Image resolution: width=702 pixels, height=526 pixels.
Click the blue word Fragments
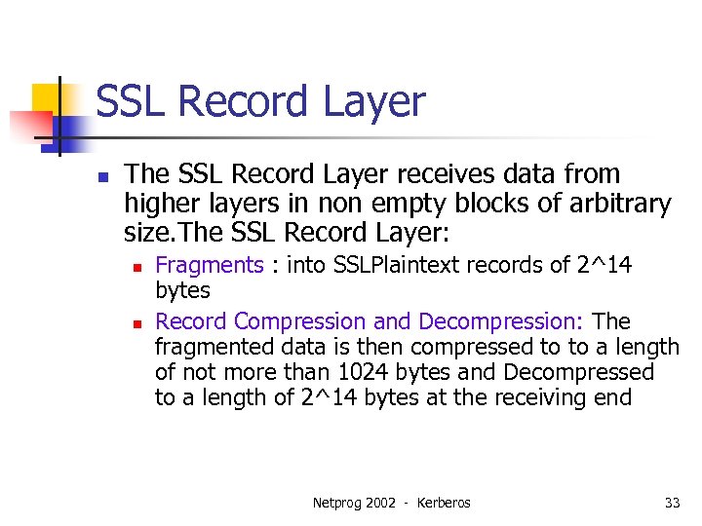[x=210, y=265]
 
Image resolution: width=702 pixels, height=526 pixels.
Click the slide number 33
[x=672, y=503]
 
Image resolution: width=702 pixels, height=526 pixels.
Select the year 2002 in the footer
[x=382, y=503]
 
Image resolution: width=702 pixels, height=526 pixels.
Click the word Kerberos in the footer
[x=444, y=503]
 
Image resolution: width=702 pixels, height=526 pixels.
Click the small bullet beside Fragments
[x=138, y=267]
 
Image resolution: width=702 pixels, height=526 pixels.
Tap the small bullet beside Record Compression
[x=138, y=323]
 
